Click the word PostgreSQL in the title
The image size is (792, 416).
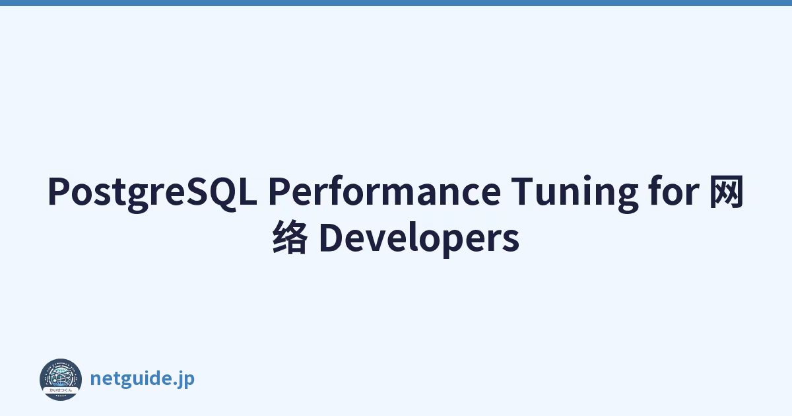[152, 193]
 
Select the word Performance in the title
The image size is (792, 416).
[385, 191]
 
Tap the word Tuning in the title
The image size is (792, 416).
[575, 194]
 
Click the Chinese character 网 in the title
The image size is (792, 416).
[727, 191]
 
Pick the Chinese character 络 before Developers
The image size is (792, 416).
[290, 236]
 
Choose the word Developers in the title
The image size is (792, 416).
[419, 238]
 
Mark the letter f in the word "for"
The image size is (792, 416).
[656, 190]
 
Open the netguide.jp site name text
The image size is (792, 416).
[143, 378]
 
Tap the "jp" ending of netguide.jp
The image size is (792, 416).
[187, 379]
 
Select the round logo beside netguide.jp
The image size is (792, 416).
[61, 380]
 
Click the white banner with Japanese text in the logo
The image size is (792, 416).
[61, 390]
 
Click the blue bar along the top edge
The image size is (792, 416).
[396, 3]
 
